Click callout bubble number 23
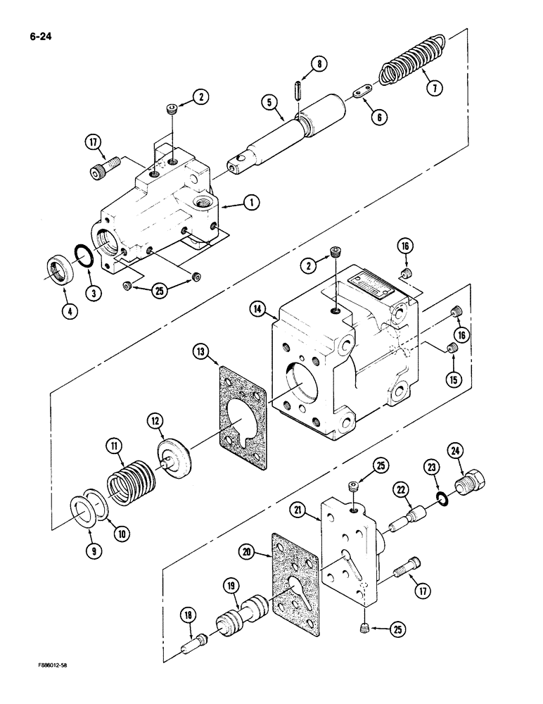430,466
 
